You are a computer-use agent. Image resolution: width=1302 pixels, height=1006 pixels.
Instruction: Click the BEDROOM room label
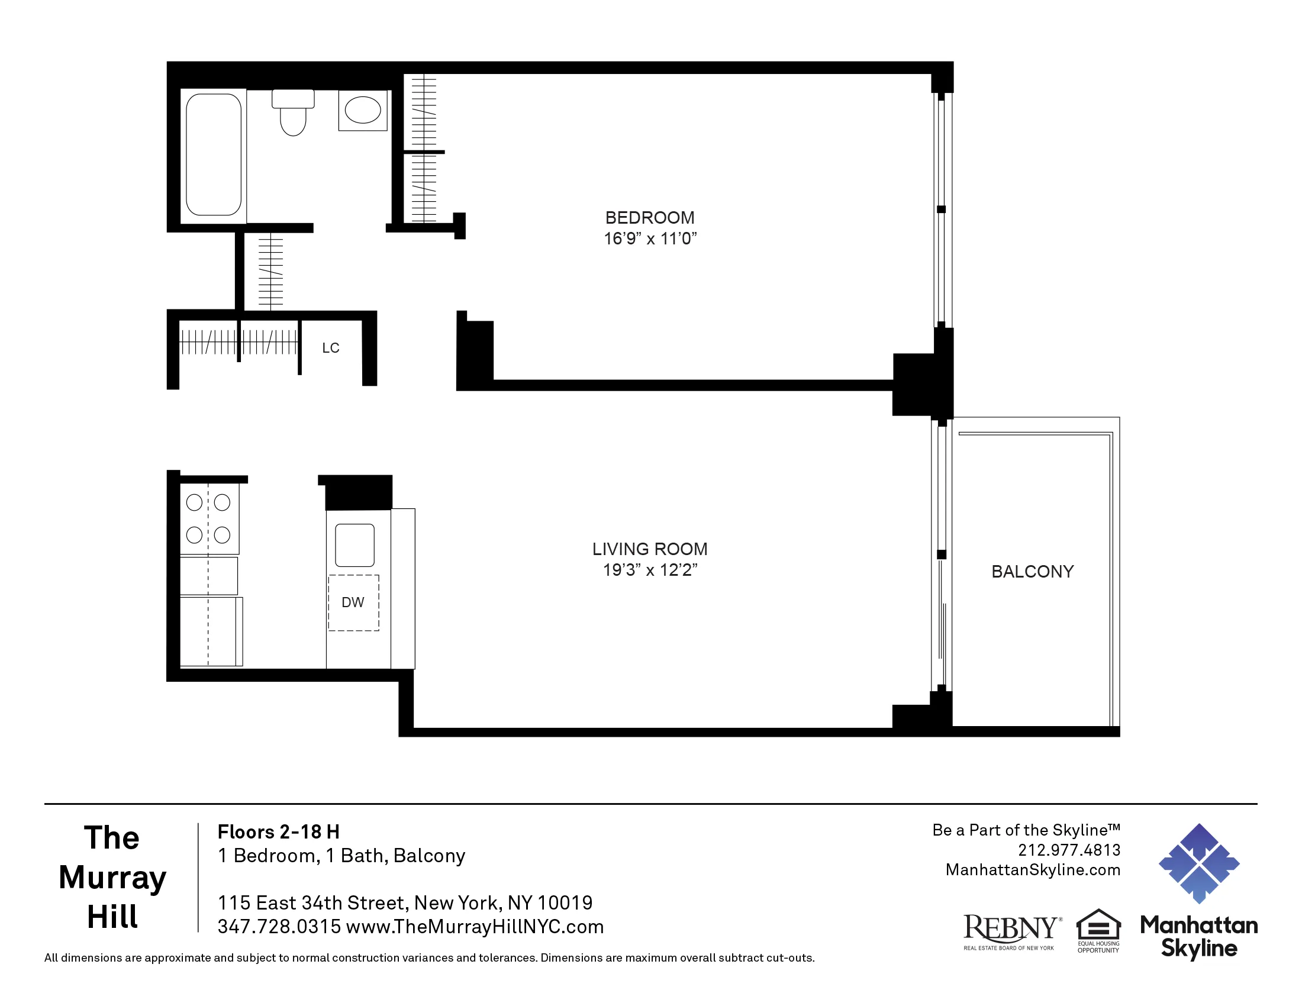[x=650, y=218]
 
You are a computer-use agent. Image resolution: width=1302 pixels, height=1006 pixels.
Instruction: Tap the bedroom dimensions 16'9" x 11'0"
[x=650, y=239]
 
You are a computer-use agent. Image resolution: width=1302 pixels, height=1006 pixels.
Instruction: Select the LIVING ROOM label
[x=650, y=549]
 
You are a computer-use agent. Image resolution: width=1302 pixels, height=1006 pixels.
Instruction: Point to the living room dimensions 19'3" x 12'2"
[x=650, y=570]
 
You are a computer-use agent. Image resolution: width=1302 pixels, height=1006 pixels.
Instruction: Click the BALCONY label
[x=1033, y=572]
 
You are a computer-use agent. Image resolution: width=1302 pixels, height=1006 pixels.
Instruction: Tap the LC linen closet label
[x=331, y=348]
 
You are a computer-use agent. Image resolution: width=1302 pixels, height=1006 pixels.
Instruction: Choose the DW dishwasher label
[x=353, y=602]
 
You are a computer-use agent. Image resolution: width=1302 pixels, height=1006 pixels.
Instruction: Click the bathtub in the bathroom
[x=214, y=155]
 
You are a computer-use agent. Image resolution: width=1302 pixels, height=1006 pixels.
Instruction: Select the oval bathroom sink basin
[x=362, y=111]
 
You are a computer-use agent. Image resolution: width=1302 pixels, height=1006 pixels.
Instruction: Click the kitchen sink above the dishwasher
[x=354, y=544]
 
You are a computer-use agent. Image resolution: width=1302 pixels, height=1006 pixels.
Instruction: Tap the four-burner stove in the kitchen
[x=209, y=519]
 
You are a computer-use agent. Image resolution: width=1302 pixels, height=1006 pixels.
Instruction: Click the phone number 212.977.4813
[x=1069, y=850]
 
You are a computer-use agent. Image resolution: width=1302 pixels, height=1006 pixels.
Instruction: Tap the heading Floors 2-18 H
[x=278, y=832]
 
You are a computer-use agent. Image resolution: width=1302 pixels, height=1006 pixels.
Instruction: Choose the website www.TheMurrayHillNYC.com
[x=475, y=927]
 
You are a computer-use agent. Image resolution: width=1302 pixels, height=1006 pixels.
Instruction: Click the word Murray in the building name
[x=112, y=877]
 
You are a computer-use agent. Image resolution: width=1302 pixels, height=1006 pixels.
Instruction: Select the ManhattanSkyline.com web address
[x=1033, y=870]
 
